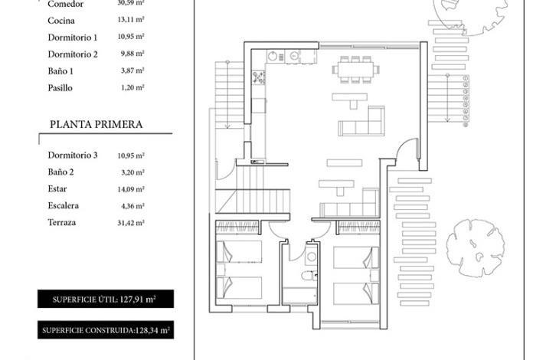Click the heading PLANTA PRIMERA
tap(96, 124)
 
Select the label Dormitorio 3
tap(73, 155)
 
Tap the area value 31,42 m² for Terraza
tap(131, 223)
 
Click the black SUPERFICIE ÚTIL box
tap(106, 299)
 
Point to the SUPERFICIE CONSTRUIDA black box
tap(106, 330)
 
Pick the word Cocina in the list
tap(61, 21)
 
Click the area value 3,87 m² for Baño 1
tap(132, 70)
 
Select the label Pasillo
tap(60, 87)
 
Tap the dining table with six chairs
tap(355, 70)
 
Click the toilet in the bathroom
tap(309, 275)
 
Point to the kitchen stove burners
tap(259, 77)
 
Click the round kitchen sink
tap(273, 57)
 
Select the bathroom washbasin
tap(311, 257)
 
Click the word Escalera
tap(63, 206)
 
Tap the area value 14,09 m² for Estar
tap(131, 189)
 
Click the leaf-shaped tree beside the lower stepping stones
tap(475, 248)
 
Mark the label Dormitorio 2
tap(73, 54)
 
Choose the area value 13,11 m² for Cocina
tap(131, 19)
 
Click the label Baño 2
tap(61, 172)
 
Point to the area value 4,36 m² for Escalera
tap(132, 206)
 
